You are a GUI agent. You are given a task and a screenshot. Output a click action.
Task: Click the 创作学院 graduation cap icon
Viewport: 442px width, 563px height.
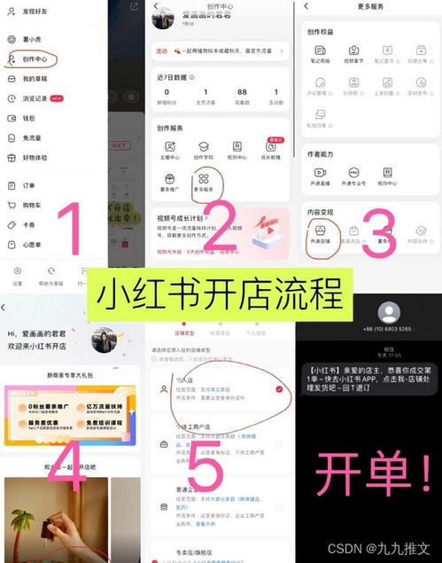tap(204, 150)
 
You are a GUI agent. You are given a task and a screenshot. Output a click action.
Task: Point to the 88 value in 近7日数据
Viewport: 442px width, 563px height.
tap(241, 93)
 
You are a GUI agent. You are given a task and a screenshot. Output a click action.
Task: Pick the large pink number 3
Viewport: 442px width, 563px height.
tap(380, 232)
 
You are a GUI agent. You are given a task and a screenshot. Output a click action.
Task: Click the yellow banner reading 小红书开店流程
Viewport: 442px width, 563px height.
tap(221, 290)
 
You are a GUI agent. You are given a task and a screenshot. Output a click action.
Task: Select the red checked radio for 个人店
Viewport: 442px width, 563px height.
tap(280, 388)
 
